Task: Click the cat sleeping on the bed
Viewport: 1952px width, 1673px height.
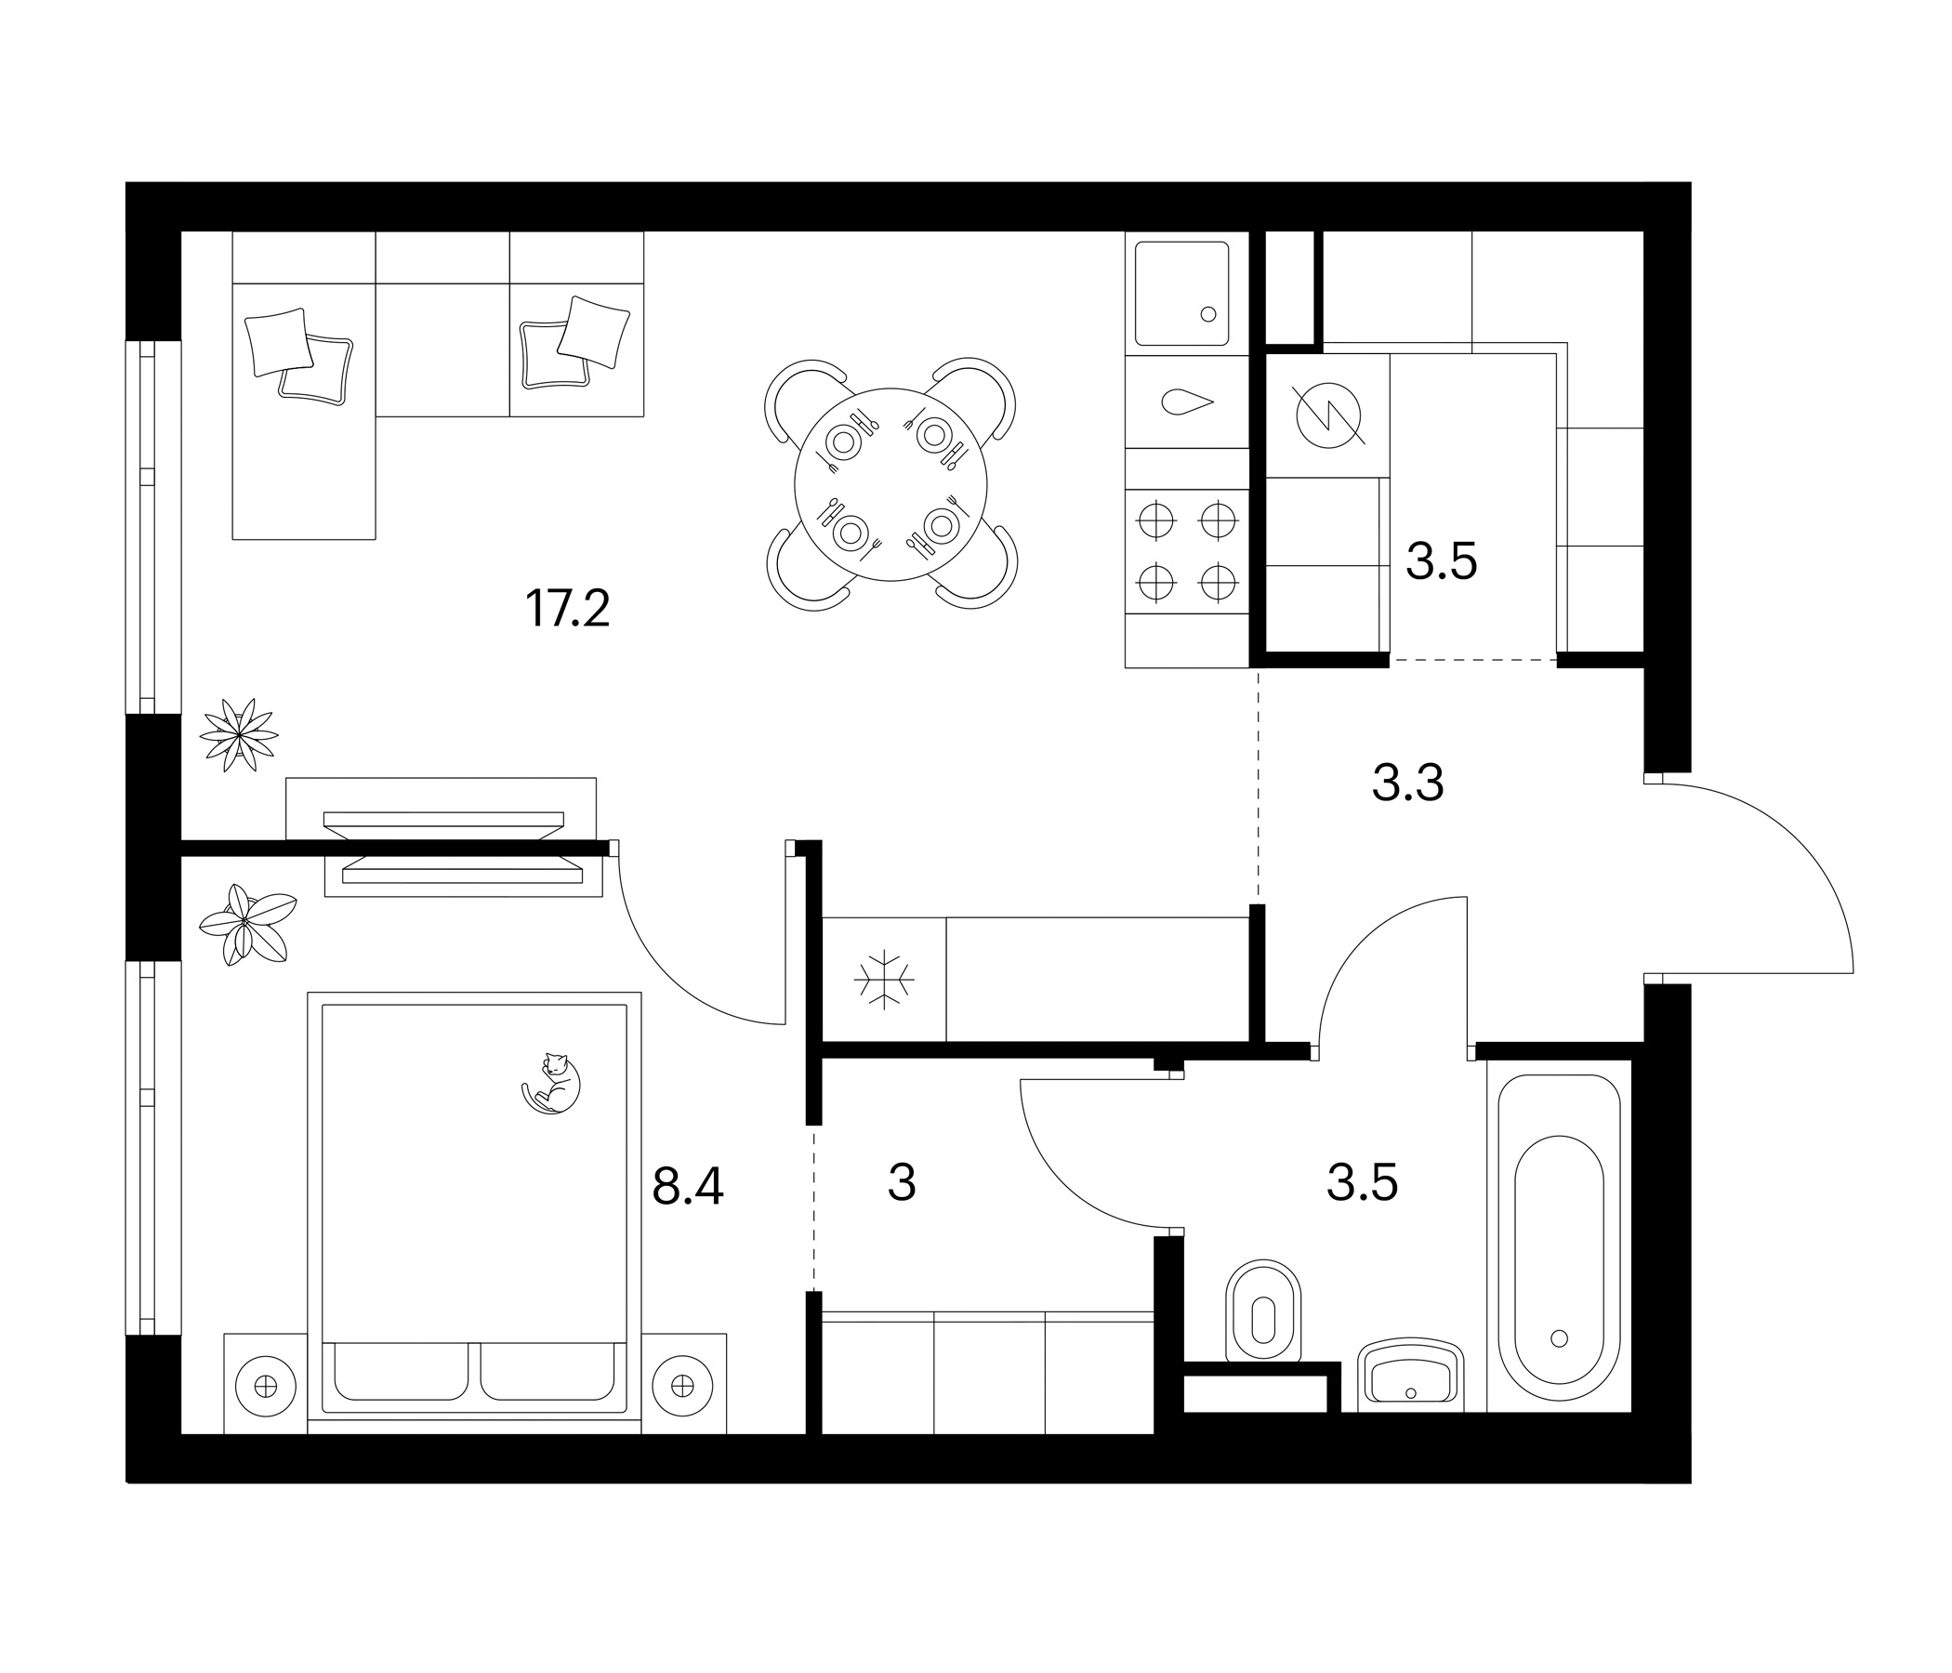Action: (552, 1085)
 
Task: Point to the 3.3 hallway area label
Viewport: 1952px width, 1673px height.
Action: (1407, 783)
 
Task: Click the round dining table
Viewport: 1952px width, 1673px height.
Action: (891, 484)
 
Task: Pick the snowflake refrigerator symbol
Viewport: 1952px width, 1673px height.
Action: (885, 980)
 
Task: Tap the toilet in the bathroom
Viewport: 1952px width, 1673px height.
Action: (1263, 1312)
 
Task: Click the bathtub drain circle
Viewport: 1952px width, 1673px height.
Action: (1558, 1337)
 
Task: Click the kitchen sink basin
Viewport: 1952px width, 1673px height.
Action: (1182, 294)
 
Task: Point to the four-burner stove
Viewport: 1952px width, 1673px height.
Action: (1187, 551)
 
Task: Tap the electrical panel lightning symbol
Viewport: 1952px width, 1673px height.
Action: (1328, 415)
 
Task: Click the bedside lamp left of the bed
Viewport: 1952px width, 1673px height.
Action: (266, 1387)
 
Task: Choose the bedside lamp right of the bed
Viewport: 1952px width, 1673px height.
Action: (683, 1386)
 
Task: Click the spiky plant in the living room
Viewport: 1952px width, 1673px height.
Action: (239, 735)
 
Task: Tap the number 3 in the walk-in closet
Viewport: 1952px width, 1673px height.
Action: (902, 1183)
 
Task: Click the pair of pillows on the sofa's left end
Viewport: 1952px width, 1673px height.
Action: (298, 356)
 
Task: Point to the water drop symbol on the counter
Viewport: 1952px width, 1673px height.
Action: (1187, 402)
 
